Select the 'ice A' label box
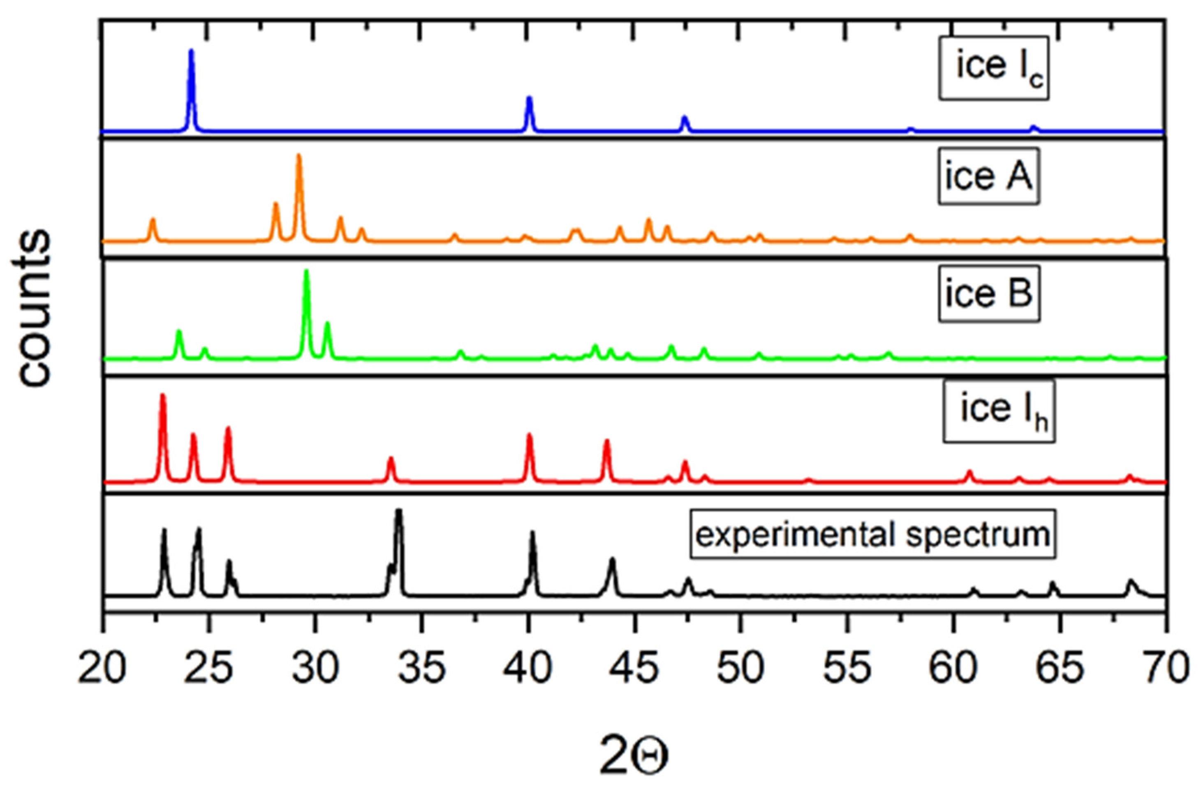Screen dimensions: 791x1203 (988, 176)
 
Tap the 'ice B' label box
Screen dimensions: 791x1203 (989, 294)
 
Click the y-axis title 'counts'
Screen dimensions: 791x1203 (35, 308)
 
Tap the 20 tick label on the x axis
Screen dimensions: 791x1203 (103, 668)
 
